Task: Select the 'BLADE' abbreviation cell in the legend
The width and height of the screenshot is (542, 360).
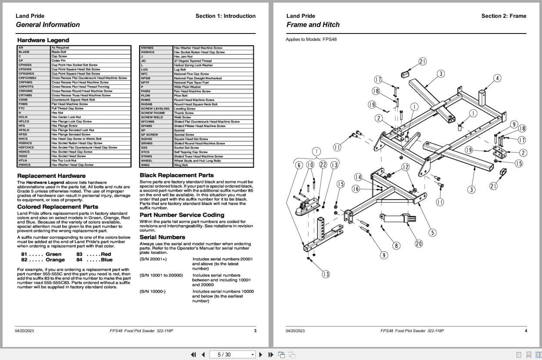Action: click(24, 52)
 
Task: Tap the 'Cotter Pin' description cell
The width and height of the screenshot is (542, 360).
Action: click(59, 60)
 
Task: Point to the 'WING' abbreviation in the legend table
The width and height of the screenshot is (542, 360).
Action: click(145, 165)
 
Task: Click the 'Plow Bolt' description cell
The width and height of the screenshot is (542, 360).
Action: click(180, 96)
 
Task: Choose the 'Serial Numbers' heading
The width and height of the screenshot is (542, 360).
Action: click(162, 237)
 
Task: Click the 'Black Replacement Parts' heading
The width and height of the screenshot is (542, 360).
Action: click(176, 175)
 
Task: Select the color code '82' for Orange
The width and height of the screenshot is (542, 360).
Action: click(24, 260)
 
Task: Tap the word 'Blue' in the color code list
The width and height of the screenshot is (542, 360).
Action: click(106, 260)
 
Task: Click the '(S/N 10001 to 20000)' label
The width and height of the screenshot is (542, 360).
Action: click(161, 275)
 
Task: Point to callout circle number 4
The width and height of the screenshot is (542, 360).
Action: click(497, 78)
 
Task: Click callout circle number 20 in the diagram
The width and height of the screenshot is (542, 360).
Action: click(419, 243)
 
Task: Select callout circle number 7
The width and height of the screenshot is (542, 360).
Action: click(317, 151)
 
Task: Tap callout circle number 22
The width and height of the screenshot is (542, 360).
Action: click(323, 165)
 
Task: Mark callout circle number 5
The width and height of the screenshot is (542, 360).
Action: click(432, 233)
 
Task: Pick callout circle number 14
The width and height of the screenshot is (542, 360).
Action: click(358, 177)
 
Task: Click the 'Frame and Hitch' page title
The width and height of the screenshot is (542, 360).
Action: click(313, 25)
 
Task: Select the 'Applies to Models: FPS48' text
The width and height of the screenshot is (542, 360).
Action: click(311, 39)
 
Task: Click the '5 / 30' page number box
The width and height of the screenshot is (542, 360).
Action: click(232, 354)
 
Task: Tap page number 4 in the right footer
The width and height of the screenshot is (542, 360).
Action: click(525, 331)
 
